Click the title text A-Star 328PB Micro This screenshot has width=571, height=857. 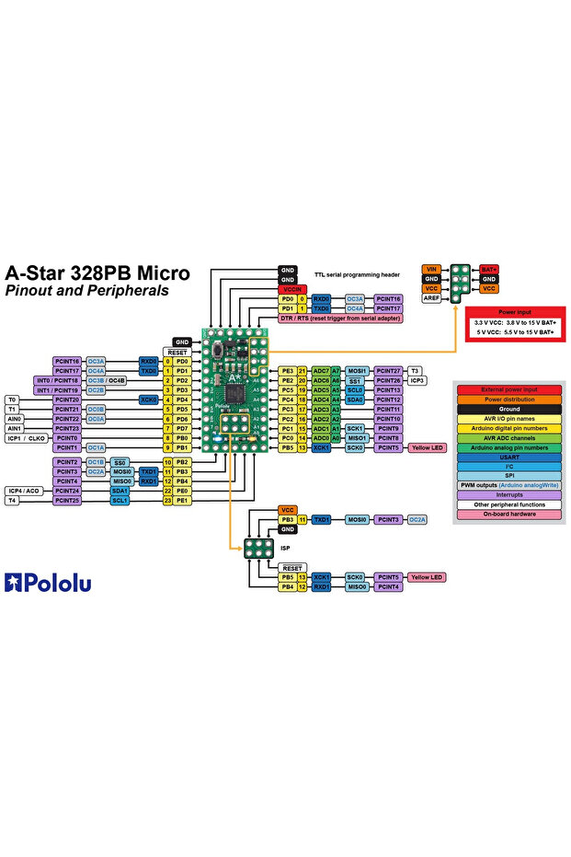97,273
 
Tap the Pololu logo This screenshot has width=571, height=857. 48,582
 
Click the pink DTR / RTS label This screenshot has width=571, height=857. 340,318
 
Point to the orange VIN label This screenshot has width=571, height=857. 431,269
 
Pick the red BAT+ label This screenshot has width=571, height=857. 489,269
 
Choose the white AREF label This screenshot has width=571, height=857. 431,298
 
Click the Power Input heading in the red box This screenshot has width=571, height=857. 514,312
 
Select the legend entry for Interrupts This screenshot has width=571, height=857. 508,493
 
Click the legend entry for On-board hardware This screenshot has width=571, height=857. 508,514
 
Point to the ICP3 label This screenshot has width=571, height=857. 416,380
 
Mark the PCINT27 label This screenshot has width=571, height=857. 388,370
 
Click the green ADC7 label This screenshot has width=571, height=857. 320,370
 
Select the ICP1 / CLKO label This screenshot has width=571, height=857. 26,438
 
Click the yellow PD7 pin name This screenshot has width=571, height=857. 182,428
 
